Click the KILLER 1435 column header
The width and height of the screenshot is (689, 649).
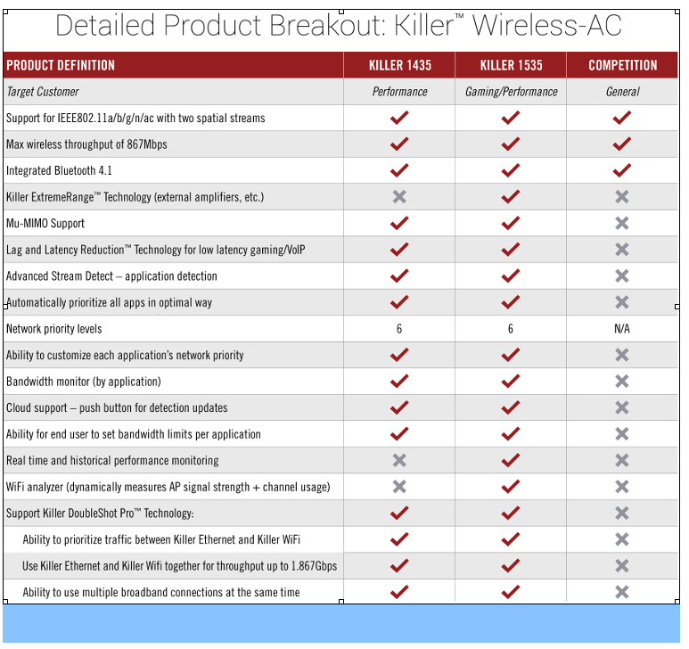click(x=400, y=65)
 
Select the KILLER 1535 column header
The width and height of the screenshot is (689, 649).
click(x=511, y=65)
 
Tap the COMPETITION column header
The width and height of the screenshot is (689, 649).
click(x=623, y=65)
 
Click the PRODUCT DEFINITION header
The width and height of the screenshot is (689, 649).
click(x=61, y=65)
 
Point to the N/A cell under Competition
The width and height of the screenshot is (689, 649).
click(x=622, y=329)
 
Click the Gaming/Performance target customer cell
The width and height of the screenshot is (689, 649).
click(x=511, y=92)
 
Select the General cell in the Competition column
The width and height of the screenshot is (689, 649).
click(x=623, y=92)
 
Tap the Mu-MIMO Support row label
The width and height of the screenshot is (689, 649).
click(x=45, y=223)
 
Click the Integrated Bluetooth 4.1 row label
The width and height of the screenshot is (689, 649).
click(x=59, y=170)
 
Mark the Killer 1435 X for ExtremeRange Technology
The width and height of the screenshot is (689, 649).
click(x=399, y=196)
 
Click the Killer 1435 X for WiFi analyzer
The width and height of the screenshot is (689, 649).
click(x=399, y=487)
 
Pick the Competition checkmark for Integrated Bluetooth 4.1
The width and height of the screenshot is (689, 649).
click(x=622, y=170)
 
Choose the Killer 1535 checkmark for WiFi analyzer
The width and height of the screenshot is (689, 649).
click(x=511, y=487)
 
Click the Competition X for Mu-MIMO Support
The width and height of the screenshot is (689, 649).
click(x=622, y=223)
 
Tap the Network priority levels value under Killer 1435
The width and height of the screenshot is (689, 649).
click(x=399, y=329)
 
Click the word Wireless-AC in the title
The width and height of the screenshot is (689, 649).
click(x=547, y=25)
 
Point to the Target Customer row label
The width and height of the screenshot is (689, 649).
click(x=43, y=92)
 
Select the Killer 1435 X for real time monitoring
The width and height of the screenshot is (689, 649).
click(x=399, y=460)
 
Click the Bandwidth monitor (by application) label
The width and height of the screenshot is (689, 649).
click(x=84, y=382)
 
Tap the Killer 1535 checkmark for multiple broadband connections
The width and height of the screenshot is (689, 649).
click(x=511, y=592)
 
